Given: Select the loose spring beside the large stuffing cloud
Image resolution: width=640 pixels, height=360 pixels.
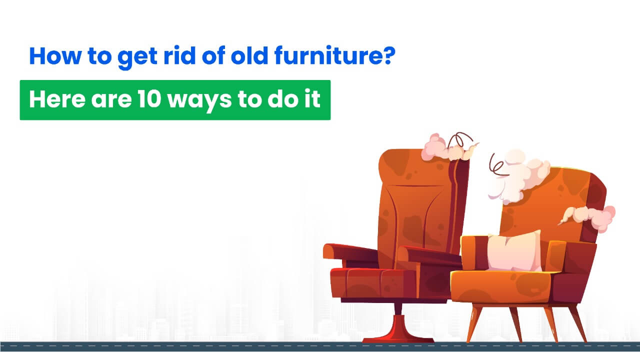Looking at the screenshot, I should [497, 162].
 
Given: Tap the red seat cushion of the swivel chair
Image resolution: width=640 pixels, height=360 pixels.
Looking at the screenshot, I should [372, 280].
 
